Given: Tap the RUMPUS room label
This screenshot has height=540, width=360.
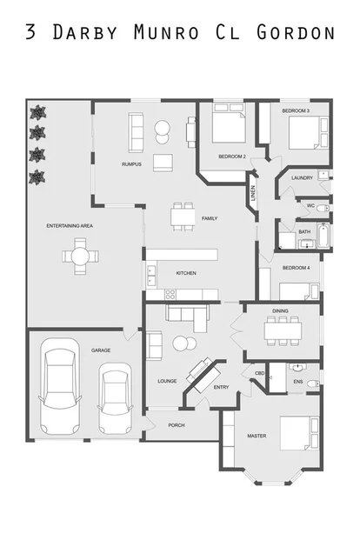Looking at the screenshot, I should [x=131, y=163].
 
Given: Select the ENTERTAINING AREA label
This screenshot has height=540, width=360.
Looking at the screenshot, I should [x=70, y=225].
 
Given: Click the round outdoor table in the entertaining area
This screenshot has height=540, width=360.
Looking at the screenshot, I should [x=79, y=257].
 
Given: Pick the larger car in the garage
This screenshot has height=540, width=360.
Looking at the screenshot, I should [x=60, y=389].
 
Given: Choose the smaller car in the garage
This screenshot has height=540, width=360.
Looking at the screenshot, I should [x=114, y=398].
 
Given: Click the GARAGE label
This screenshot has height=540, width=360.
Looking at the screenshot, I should [x=101, y=350].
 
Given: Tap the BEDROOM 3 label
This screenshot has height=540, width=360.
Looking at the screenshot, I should [x=296, y=111].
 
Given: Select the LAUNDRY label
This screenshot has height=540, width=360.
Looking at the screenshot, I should [x=302, y=177].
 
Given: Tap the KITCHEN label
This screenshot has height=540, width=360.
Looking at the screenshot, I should [x=186, y=273].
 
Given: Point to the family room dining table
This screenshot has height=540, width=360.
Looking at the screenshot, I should [x=183, y=214].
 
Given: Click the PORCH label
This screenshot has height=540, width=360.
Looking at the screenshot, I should [x=177, y=425].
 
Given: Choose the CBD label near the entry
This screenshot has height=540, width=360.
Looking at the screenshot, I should [x=259, y=373].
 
